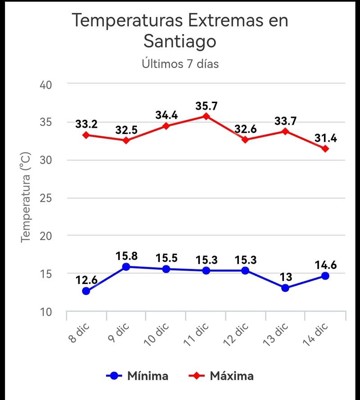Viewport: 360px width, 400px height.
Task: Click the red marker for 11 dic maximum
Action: pos(206,116)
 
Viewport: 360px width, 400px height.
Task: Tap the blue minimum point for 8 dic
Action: pos(86,291)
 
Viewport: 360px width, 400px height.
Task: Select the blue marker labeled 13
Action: pos(285,288)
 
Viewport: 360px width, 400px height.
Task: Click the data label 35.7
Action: pos(207,106)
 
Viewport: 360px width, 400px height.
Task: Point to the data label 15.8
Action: pos(126,256)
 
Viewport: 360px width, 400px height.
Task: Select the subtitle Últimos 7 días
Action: pos(180,64)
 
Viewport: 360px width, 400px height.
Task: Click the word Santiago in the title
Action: pos(180,41)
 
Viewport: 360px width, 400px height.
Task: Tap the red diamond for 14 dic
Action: pos(325,148)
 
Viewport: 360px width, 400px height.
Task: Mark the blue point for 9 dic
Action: pos(126,267)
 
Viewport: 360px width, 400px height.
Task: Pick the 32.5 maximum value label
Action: pos(126,130)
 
